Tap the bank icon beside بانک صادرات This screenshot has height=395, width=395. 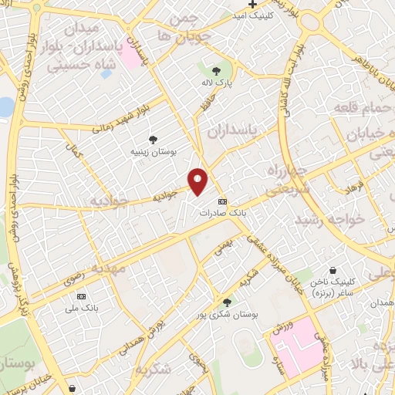click(x=222, y=201)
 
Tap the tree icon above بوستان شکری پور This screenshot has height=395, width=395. click(x=226, y=302)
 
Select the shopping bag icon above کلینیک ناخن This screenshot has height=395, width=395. click(x=333, y=271)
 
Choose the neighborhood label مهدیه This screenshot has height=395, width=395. click(x=107, y=268)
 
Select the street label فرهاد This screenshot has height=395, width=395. click(x=333, y=187)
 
